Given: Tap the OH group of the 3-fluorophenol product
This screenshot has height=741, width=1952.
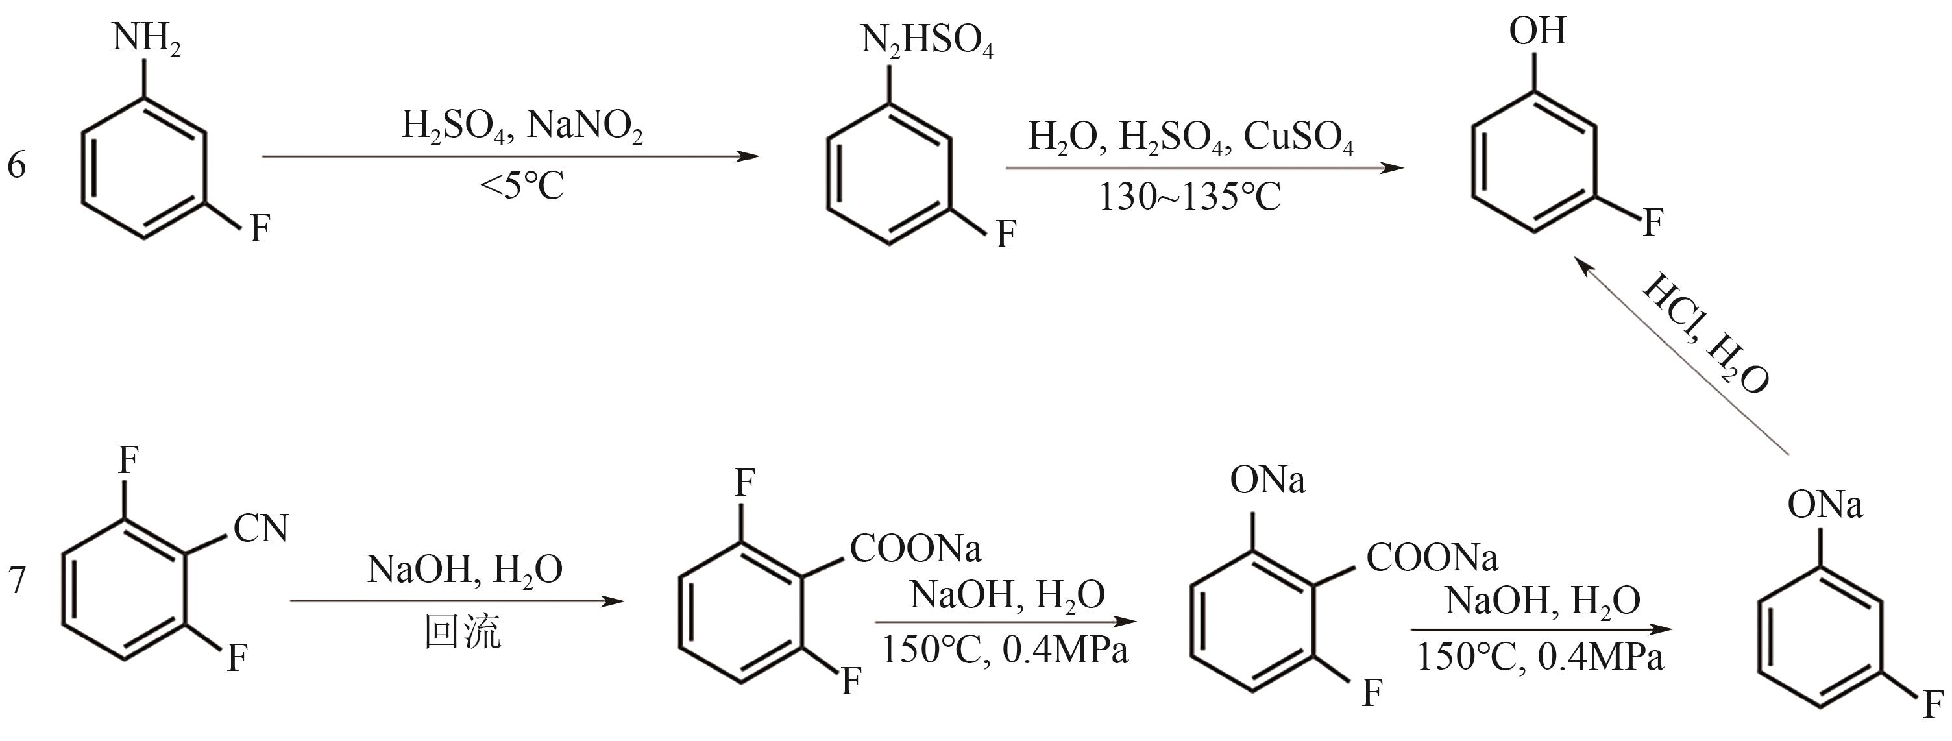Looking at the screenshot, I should pos(1537,32).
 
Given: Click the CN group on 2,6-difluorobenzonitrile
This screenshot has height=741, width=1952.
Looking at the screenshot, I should pos(261,528).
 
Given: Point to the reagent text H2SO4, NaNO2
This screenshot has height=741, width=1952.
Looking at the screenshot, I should pos(522,125).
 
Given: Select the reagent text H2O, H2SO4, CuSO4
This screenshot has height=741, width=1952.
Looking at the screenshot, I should pos(1189,138).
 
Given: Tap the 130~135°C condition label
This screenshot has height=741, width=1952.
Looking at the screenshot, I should pos(1189,198).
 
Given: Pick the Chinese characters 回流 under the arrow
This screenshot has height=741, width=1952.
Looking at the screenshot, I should pos(462,631).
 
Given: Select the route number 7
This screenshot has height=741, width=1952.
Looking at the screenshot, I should pos(17,580).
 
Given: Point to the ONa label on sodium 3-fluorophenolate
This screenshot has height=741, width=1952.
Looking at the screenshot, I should pos(1825,505).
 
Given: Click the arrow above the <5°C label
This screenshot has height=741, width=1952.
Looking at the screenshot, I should pos(510,157).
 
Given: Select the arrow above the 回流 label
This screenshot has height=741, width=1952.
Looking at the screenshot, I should pos(457,601).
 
